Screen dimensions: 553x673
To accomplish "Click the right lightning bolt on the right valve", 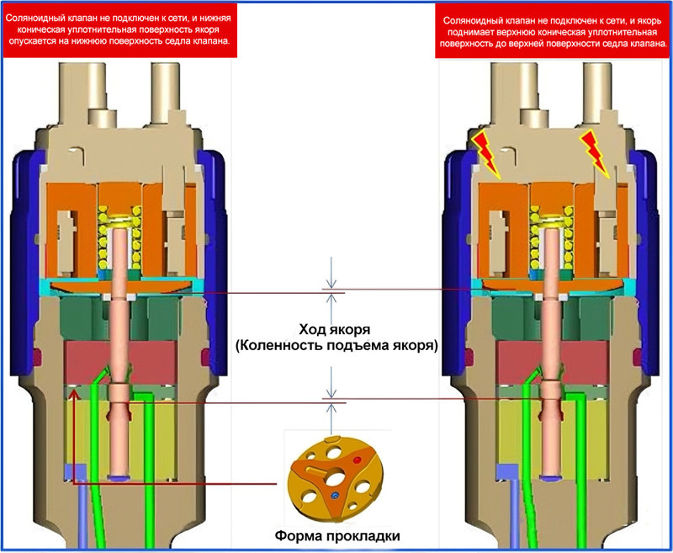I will (x=599, y=153).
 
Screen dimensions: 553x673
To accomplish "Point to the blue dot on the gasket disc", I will (x=335, y=497).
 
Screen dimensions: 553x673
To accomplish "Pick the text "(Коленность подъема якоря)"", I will (x=337, y=345).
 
